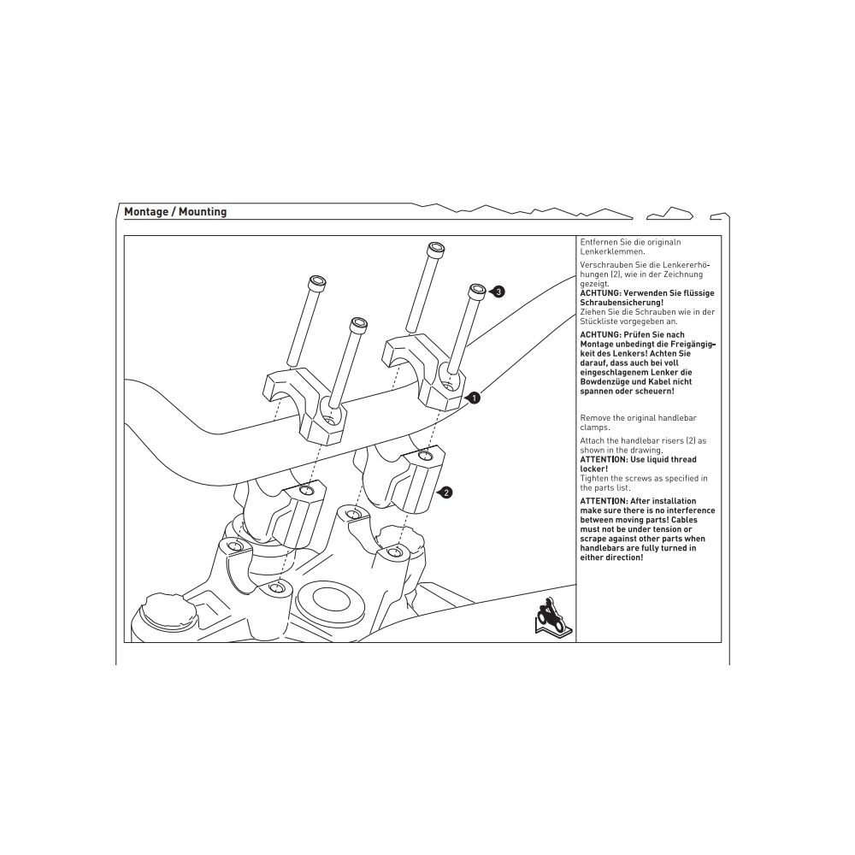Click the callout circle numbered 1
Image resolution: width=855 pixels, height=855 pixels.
point(475,397)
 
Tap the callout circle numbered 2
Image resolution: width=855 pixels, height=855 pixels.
point(446,492)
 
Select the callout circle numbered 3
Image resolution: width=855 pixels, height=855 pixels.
point(499,292)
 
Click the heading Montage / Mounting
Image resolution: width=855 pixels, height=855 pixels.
point(175,211)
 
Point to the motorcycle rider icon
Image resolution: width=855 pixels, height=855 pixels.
point(546,618)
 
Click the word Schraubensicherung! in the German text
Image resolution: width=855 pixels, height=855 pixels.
point(622,303)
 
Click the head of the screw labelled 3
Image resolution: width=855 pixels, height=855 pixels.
point(476,291)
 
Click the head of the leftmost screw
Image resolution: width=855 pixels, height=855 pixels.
point(317,281)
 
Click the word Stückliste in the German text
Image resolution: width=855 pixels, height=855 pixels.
point(598,321)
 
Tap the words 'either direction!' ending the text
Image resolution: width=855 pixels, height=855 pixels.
point(611,557)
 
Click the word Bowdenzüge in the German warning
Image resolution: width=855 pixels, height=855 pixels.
point(606,382)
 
